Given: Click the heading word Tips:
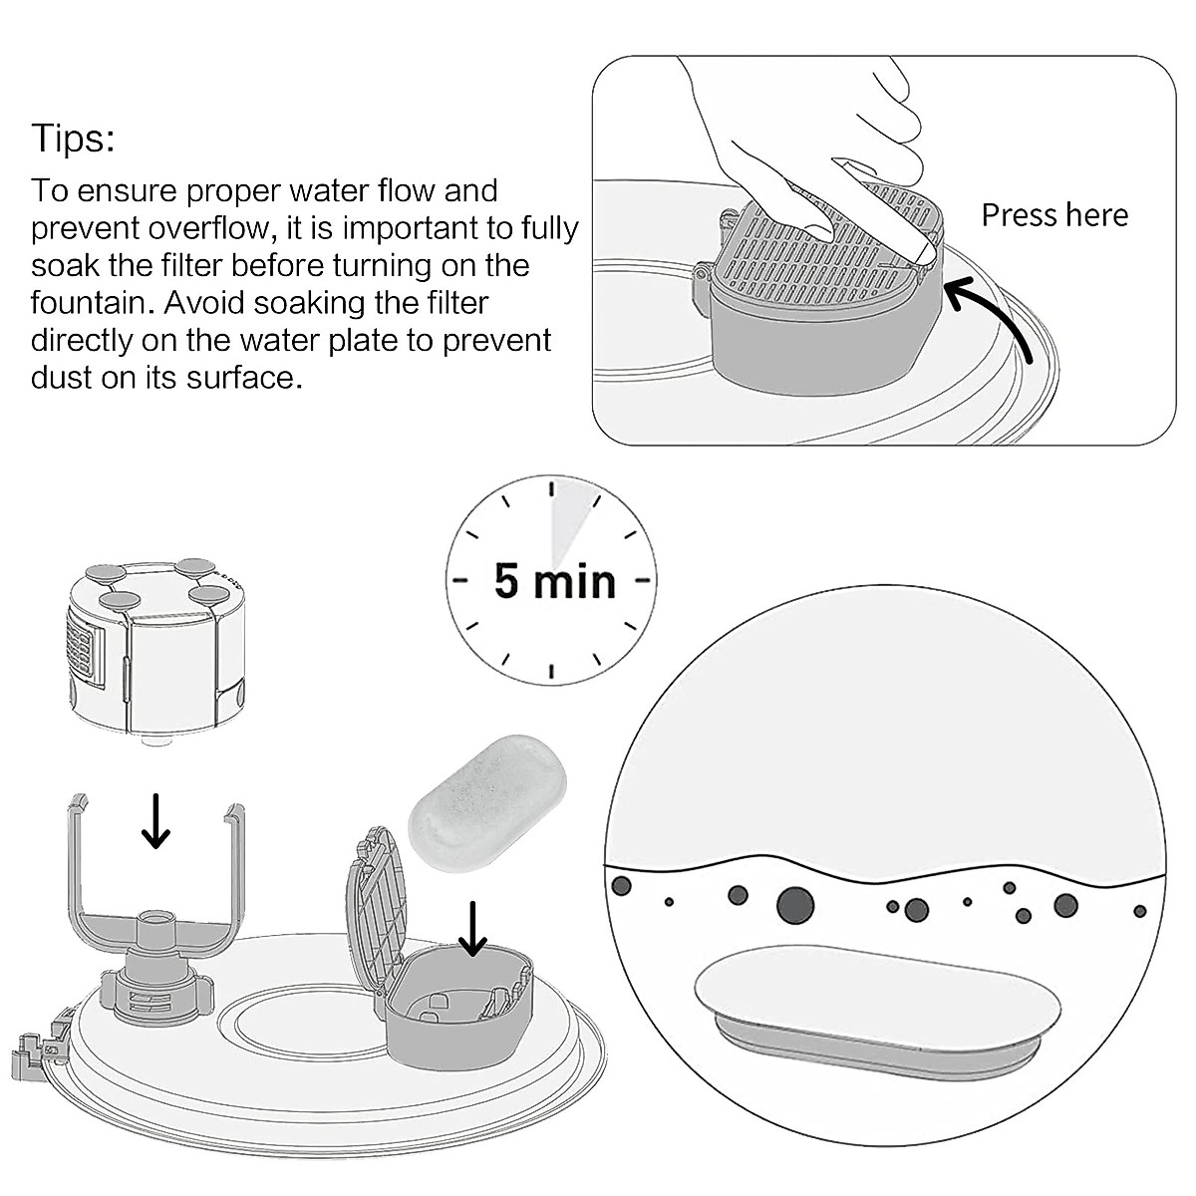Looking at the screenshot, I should coord(73,138).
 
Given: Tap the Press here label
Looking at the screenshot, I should coord(1054,215).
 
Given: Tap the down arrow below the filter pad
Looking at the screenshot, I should coord(473,927).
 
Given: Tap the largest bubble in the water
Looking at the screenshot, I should coord(794,905).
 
